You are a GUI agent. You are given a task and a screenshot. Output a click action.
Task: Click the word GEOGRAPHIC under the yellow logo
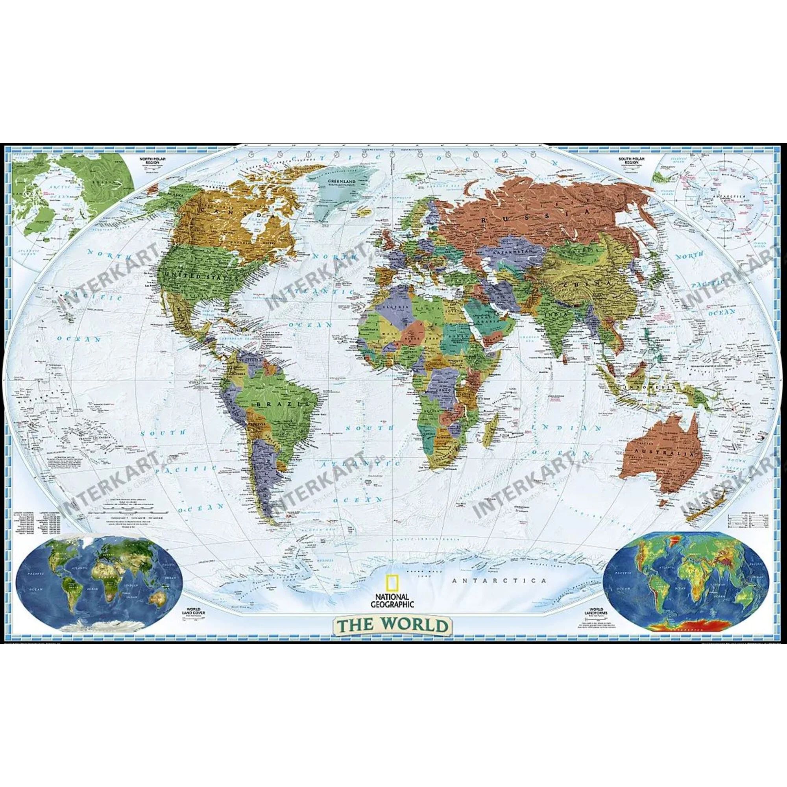pyautogui.click(x=393, y=605)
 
